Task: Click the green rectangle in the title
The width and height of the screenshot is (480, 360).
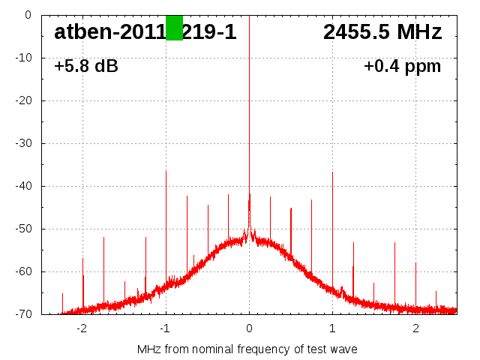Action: click(x=174, y=28)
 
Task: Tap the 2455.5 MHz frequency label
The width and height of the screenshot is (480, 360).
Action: click(x=382, y=32)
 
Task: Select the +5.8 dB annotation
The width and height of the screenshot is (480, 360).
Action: click(x=86, y=67)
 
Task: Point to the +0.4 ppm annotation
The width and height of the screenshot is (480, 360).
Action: click(x=402, y=67)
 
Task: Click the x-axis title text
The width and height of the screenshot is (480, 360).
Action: click(x=247, y=349)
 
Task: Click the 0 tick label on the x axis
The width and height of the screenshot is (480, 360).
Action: click(x=249, y=328)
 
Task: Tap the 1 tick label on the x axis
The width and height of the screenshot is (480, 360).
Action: click(x=332, y=328)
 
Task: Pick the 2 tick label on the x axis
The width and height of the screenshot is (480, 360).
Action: click(x=415, y=328)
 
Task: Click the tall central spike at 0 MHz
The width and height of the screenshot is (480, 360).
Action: click(x=249, y=112)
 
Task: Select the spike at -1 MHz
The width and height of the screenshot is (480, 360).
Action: click(x=166, y=225)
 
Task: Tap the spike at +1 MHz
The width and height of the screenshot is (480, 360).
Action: click(x=332, y=225)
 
